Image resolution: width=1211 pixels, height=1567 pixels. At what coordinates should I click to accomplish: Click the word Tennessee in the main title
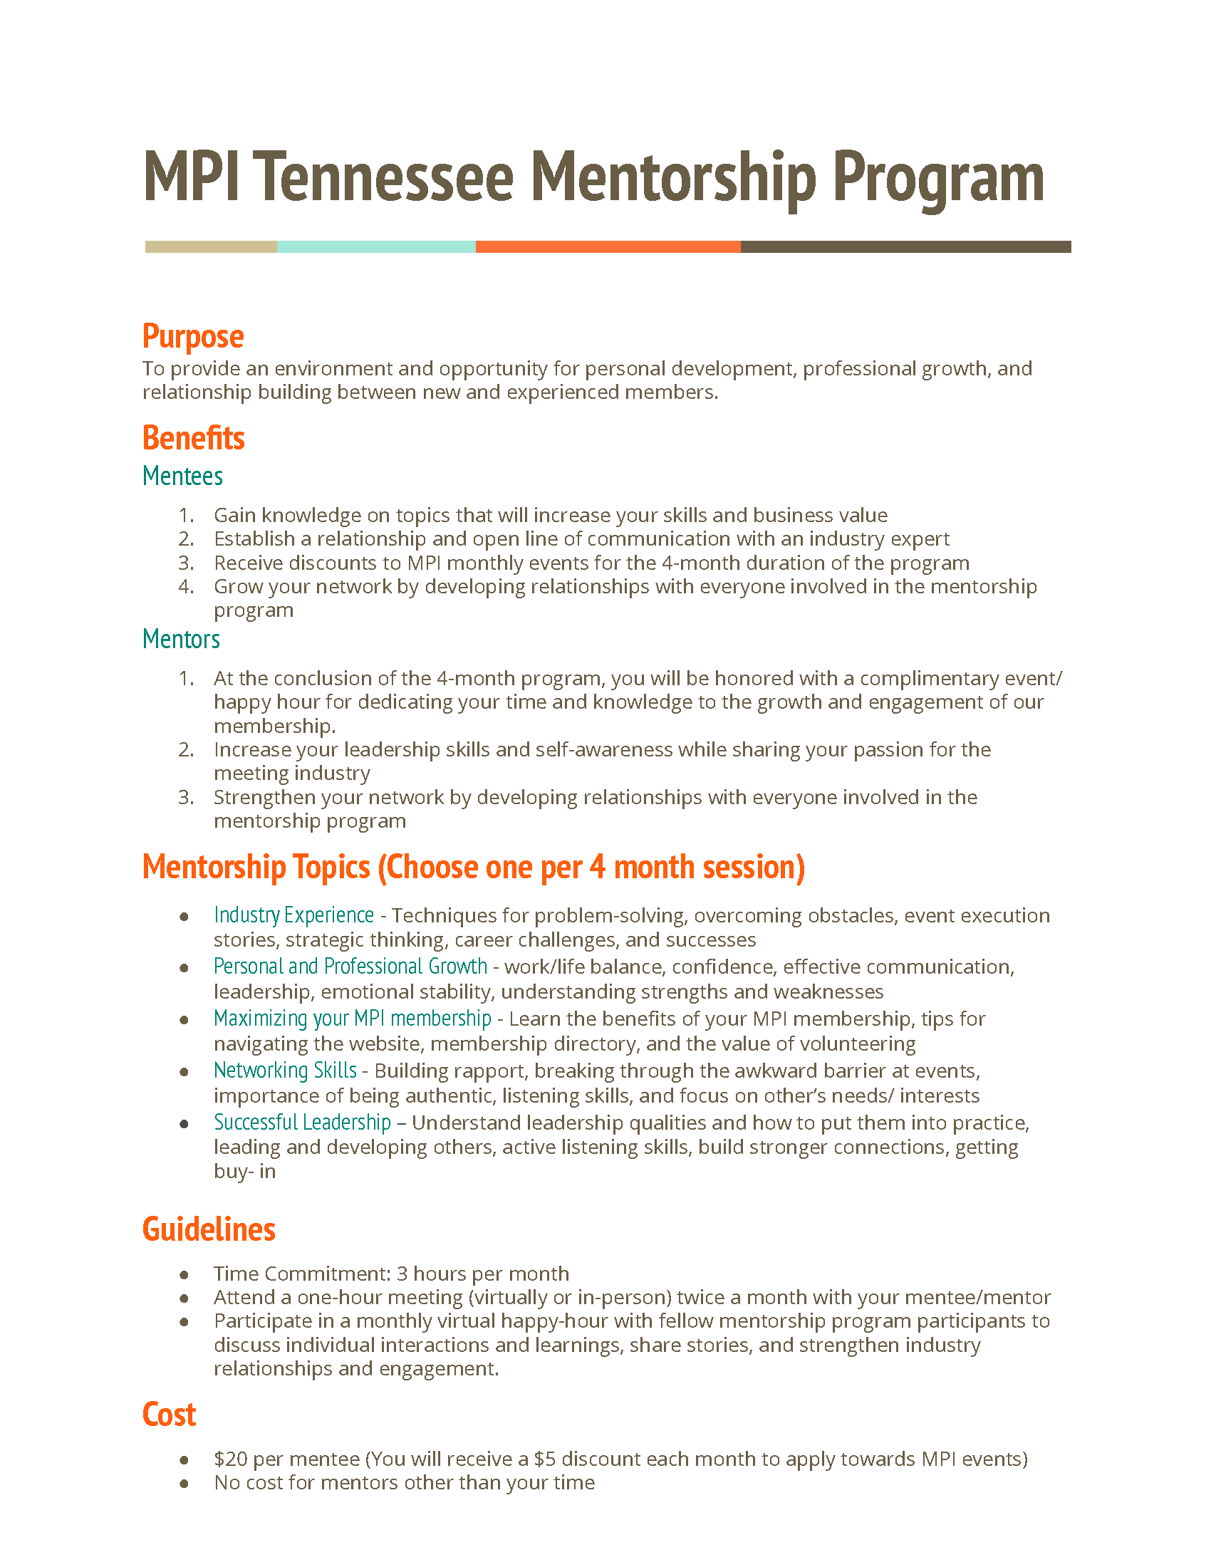[x=383, y=177]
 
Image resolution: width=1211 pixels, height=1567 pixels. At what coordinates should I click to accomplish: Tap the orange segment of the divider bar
[x=608, y=247]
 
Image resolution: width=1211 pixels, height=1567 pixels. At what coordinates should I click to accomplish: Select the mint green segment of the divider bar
[x=376, y=247]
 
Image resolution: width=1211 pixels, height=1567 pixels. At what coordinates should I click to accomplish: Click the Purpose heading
[x=193, y=336]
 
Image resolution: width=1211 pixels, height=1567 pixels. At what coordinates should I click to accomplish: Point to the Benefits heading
[x=194, y=437]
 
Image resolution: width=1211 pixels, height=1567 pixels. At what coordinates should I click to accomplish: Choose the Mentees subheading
[x=182, y=477]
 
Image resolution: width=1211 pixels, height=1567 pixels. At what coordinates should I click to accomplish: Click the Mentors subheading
[x=181, y=640]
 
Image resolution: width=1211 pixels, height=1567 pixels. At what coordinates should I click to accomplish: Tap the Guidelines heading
[x=209, y=1229]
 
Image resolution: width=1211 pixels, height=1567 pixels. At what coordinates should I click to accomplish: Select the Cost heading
[x=170, y=1414]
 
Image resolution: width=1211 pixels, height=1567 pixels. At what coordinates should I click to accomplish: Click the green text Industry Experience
[x=293, y=915]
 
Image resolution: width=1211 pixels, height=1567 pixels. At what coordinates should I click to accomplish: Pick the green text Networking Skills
[x=285, y=1070]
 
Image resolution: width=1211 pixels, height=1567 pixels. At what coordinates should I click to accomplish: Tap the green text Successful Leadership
[x=302, y=1122]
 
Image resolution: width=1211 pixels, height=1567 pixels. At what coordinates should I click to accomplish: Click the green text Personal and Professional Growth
[x=350, y=967]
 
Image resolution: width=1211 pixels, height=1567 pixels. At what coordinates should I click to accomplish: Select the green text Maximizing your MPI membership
[x=352, y=1018]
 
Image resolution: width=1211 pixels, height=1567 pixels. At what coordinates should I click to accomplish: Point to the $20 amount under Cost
[x=230, y=1459]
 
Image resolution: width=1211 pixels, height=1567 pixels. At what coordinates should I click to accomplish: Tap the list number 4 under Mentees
[x=186, y=586]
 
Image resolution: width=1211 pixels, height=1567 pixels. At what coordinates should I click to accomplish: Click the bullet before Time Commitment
[x=184, y=1274]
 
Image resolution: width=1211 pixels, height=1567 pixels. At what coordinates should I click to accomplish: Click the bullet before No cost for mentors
[x=184, y=1483]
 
